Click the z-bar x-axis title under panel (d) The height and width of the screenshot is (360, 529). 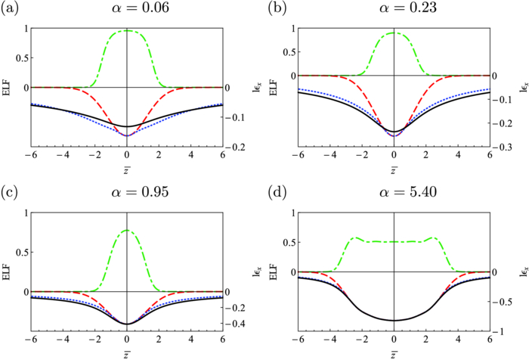coord(394,355)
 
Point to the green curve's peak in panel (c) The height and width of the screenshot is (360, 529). coord(127,231)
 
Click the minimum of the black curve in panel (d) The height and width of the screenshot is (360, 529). coord(394,321)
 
